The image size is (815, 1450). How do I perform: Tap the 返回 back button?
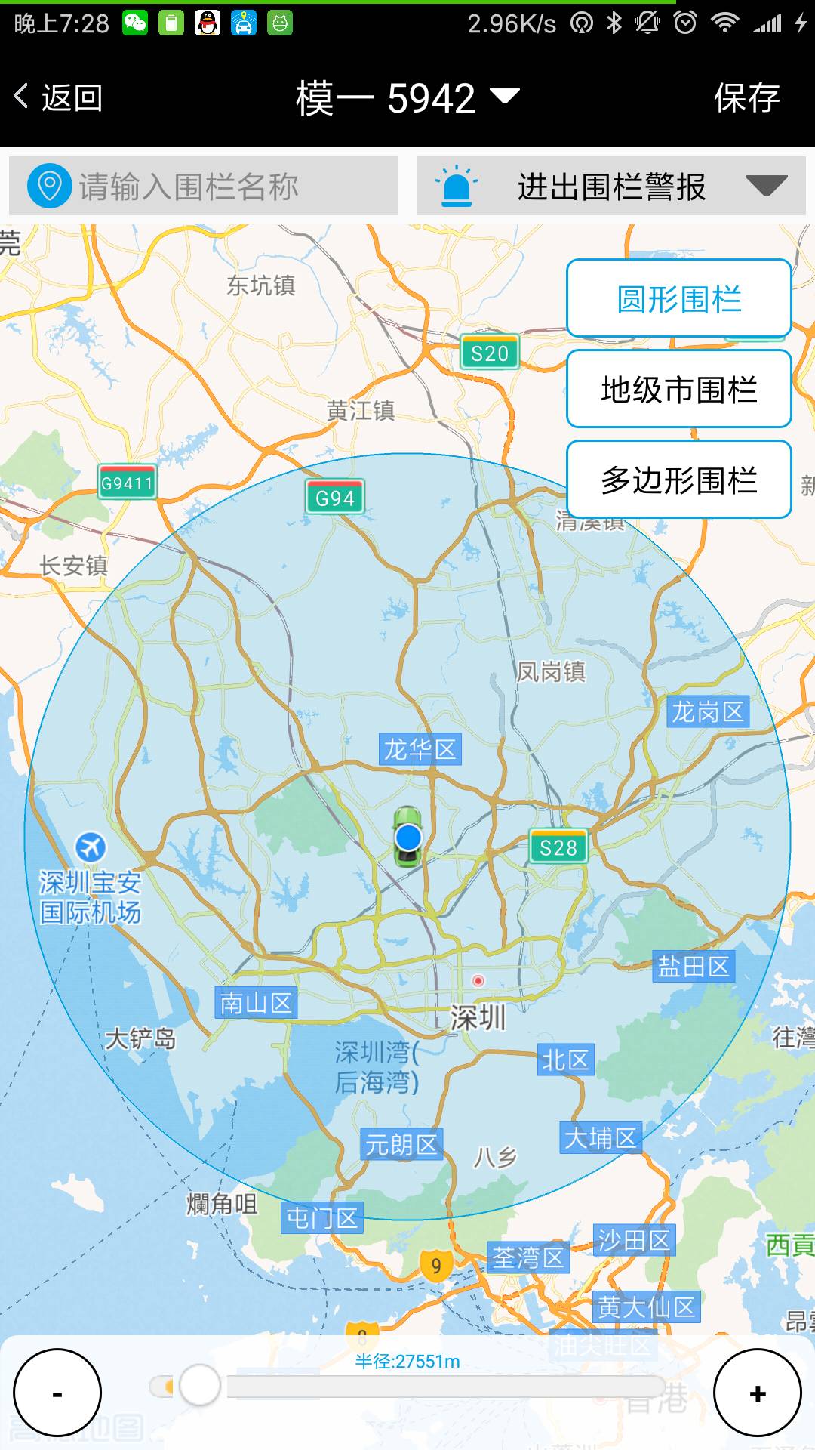(59, 98)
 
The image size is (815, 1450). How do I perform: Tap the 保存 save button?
(746, 98)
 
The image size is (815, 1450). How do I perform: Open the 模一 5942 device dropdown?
(407, 98)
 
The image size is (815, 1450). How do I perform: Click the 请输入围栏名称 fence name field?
(204, 187)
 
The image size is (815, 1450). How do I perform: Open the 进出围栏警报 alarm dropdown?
(611, 187)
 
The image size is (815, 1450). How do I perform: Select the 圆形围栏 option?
(678, 299)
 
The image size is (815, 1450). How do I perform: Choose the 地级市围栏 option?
(678, 390)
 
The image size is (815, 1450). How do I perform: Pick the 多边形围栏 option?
(678, 480)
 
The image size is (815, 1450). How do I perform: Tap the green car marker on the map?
(408, 836)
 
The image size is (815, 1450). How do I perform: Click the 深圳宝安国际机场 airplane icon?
(91, 847)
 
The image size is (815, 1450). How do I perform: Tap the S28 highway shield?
(558, 847)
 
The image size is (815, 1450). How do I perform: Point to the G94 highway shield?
(335, 498)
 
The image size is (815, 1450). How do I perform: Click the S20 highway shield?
(490, 353)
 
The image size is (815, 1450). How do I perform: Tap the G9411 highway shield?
(128, 483)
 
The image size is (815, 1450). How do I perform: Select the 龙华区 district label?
(420, 750)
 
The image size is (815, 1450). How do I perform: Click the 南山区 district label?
(256, 1003)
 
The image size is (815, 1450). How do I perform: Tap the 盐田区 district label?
(694, 966)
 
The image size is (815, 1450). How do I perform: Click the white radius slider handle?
(199, 1385)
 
